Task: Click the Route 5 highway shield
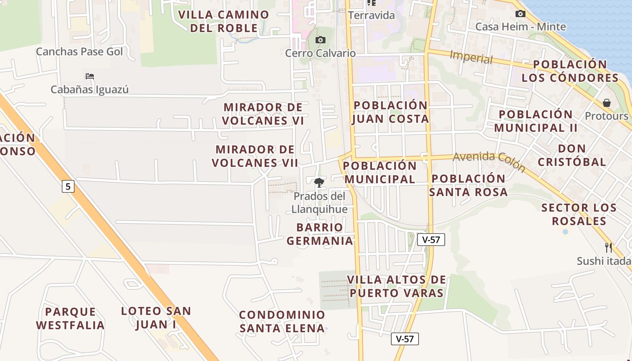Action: click(68, 186)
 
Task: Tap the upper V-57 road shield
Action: click(431, 240)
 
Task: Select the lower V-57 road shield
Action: click(405, 339)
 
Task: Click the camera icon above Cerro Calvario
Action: click(320, 40)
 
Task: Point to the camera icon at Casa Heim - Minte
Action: click(520, 14)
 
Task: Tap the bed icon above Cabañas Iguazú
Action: click(90, 76)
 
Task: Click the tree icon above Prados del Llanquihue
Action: click(319, 183)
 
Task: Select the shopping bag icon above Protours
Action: click(607, 103)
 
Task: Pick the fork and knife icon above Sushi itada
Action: click(609, 247)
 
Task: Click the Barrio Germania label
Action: click(320, 234)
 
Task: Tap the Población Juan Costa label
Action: click(390, 112)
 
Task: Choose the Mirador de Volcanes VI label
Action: click(263, 114)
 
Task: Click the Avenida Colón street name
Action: click(489, 162)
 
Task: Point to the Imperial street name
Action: click(471, 58)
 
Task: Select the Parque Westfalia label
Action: click(70, 318)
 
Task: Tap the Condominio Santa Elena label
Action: click(282, 321)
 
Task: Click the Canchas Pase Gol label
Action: click(79, 51)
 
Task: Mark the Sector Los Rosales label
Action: click(579, 214)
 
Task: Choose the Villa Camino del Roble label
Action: click(224, 21)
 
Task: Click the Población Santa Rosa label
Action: click(468, 185)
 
